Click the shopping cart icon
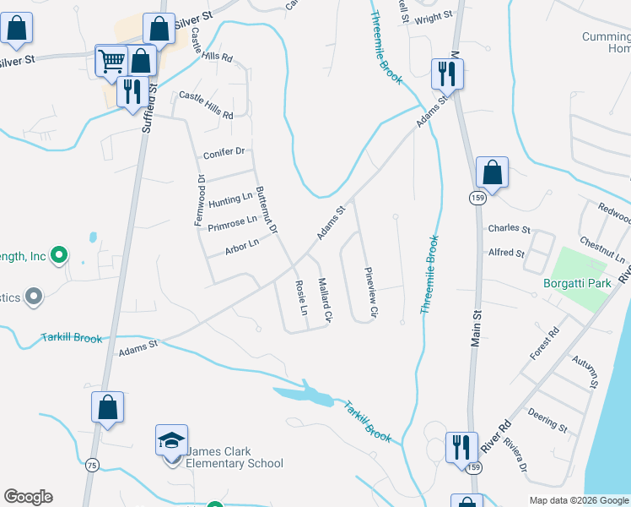pos(111,60)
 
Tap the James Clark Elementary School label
pos(235,457)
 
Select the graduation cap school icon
pos(171,440)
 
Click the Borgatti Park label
pos(577,283)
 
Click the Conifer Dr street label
pos(224,153)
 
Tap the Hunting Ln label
pos(230,200)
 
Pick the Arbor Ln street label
pos(241,247)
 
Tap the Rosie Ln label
pos(300,298)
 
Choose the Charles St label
pos(509,229)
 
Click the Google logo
pos(28,497)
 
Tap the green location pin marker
pos(58,253)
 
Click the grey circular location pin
pos(33,296)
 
